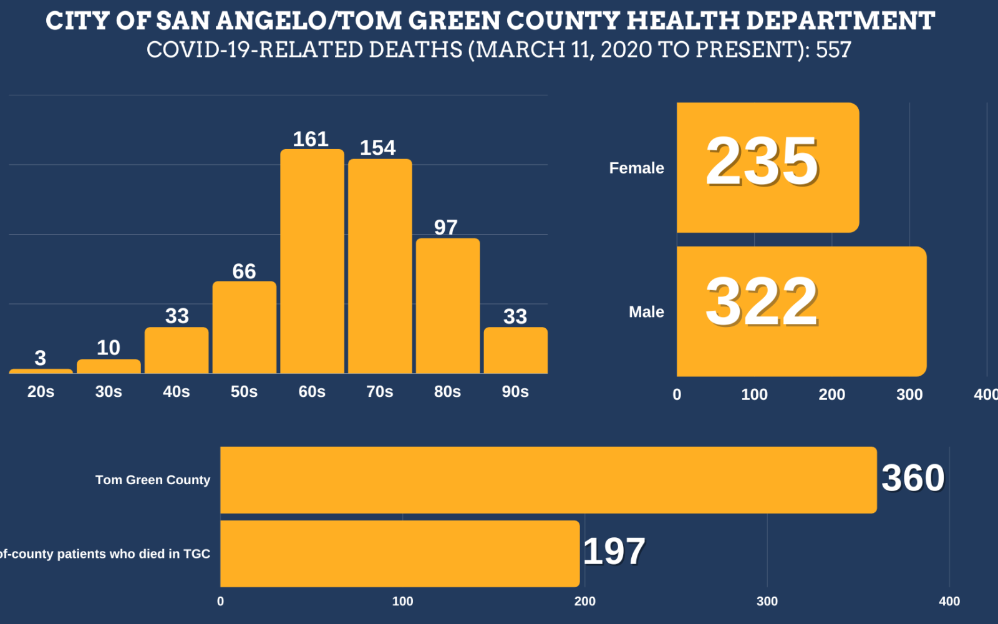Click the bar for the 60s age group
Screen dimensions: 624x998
312,262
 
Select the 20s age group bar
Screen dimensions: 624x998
41,371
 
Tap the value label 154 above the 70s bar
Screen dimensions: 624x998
377,148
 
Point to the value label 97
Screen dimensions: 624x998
446,227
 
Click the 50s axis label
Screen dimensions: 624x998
244,392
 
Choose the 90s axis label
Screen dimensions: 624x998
515,392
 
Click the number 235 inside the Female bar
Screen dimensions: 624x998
762,162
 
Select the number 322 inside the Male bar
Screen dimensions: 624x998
762,302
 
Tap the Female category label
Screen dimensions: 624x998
636,168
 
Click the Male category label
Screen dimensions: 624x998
646,312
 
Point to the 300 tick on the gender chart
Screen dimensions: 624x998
909,394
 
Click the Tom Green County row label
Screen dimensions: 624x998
153,480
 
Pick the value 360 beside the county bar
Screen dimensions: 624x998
913,478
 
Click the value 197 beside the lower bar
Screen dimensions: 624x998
614,552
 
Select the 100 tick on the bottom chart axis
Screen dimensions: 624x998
402,602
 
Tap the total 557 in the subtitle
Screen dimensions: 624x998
833,50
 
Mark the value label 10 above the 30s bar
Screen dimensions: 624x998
109,348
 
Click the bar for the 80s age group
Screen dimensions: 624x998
448,306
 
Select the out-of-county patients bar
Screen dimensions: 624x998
399,554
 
